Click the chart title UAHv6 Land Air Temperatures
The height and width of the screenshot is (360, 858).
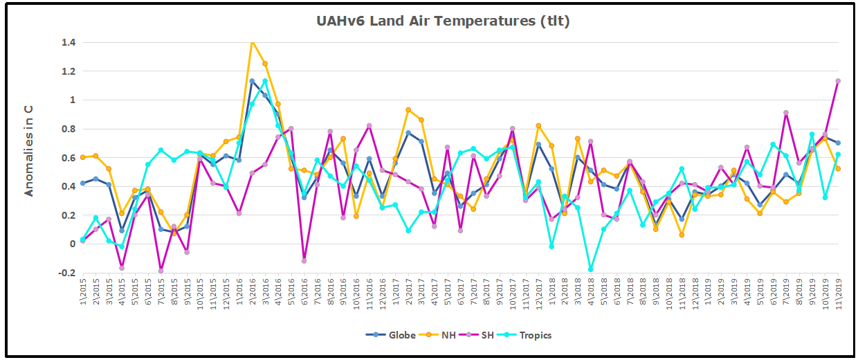tap(443, 21)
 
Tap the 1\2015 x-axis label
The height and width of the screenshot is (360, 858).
tap(83, 294)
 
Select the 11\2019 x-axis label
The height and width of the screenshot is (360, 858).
tap(838, 294)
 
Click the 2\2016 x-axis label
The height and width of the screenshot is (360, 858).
tap(252, 294)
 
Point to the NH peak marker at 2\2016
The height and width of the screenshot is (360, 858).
tap(252, 42)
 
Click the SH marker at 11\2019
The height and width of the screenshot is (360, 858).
tap(838, 81)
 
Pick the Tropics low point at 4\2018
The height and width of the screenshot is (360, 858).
tap(591, 269)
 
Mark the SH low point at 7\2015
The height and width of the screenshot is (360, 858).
tap(161, 271)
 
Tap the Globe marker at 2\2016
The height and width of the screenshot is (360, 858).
tap(252, 81)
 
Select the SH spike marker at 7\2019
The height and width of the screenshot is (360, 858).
tap(786, 113)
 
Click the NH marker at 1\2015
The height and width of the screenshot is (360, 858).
tap(83, 157)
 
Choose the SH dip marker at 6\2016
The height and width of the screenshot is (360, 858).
tap(304, 260)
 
